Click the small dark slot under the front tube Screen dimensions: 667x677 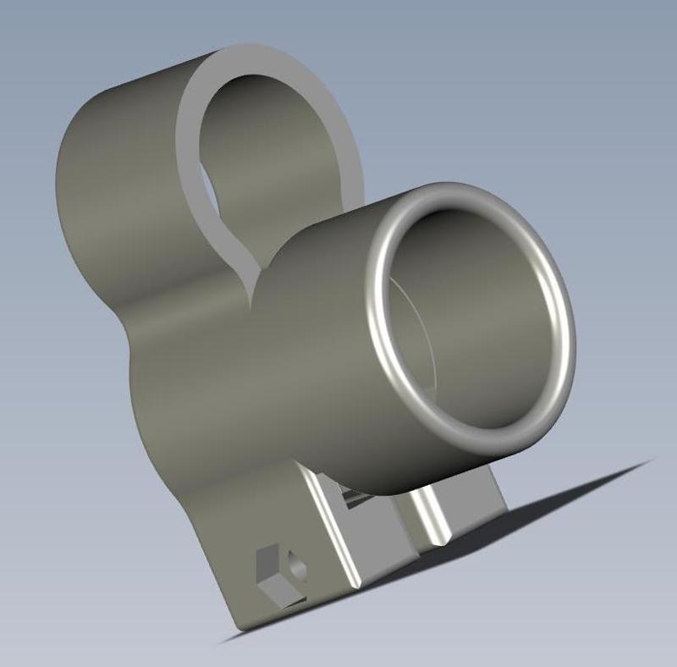tap(354, 499)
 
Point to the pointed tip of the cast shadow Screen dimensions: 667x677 tap(652, 460)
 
